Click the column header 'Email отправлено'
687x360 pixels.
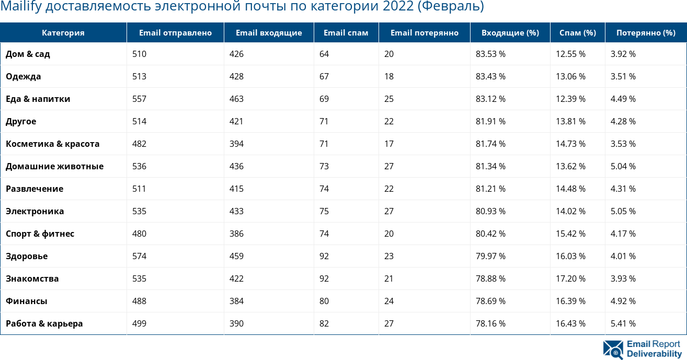click(175, 33)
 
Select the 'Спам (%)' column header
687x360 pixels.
click(577, 33)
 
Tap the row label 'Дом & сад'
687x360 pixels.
click(28, 54)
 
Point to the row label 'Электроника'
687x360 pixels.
click(35, 211)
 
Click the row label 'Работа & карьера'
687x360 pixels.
click(44, 323)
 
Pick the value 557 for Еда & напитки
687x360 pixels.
click(139, 99)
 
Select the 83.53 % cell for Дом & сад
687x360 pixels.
click(490, 54)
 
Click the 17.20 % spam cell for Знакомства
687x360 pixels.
click(570, 278)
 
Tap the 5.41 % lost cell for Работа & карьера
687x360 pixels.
click(623, 323)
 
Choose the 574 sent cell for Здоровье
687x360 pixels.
click(139, 256)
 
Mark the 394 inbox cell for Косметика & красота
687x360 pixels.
click(236, 144)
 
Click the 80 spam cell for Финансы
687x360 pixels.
click(324, 301)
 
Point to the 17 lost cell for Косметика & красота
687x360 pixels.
click(388, 144)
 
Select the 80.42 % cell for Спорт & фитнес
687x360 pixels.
click(490, 234)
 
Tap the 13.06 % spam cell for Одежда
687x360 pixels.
click(570, 76)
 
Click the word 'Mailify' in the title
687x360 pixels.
click(18, 7)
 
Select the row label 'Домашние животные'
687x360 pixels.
click(54, 166)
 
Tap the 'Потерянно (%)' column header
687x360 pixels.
click(646, 33)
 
